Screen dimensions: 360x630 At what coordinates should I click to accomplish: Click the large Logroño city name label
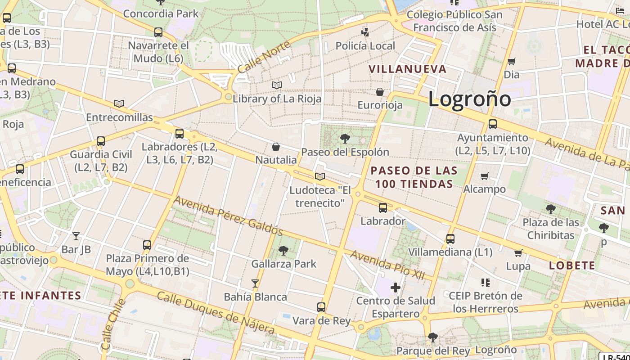(x=469, y=99)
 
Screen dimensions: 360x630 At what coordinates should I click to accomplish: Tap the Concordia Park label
(x=161, y=13)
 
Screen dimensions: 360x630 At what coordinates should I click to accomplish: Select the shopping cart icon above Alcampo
(x=484, y=176)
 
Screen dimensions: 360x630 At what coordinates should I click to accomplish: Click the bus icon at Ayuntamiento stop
(x=493, y=124)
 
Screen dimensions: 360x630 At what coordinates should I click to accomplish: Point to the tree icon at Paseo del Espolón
(x=345, y=138)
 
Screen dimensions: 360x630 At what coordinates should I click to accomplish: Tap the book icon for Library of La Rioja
(x=277, y=85)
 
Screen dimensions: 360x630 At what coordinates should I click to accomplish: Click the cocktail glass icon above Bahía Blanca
(x=255, y=283)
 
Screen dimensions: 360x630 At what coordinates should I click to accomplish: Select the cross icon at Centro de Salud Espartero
(x=396, y=287)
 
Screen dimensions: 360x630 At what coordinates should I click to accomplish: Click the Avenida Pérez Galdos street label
(x=228, y=216)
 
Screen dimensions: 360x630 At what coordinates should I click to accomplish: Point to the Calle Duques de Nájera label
(x=216, y=313)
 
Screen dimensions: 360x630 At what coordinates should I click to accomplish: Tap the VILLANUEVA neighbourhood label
(x=408, y=69)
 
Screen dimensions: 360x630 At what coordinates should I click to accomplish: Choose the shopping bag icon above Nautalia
(x=276, y=147)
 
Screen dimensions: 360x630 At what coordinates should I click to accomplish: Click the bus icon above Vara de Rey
(x=321, y=307)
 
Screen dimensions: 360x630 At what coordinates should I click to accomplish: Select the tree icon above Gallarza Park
(x=283, y=250)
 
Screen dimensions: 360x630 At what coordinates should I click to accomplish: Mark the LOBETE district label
(x=572, y=265)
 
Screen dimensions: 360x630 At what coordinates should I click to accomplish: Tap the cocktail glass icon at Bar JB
(x=76, y=236)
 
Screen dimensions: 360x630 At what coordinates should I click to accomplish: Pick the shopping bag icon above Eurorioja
(x=380, y=92)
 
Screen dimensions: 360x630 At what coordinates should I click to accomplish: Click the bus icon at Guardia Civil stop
(x=101, y=141)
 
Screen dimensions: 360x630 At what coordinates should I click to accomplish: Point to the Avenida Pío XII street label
(x=387, y=265)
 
